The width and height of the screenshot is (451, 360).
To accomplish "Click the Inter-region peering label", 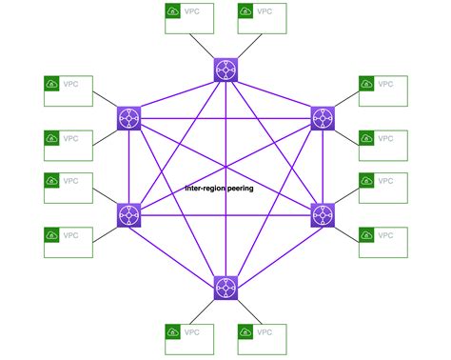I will (219, 189).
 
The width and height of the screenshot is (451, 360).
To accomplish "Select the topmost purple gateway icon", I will (225, 70).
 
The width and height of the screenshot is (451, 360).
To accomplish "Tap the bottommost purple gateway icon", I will (225, 287).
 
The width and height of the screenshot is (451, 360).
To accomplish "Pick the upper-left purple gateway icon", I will (129, 118).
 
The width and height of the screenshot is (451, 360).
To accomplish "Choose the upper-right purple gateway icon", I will (323, 118).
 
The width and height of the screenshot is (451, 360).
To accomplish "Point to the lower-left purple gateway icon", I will (129, 214).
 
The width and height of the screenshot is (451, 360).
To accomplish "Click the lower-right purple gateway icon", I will (323, 214).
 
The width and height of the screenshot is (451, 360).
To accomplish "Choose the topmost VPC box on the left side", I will (69, 90).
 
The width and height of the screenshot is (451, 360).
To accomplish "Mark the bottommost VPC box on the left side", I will (69, 242).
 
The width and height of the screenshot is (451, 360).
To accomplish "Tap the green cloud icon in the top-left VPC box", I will (51, 85).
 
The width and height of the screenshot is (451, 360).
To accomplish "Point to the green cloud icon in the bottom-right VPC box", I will (366, 236).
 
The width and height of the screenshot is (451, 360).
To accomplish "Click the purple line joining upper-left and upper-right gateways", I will (225, 118).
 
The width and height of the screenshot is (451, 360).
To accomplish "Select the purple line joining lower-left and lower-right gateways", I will (225, 214).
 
